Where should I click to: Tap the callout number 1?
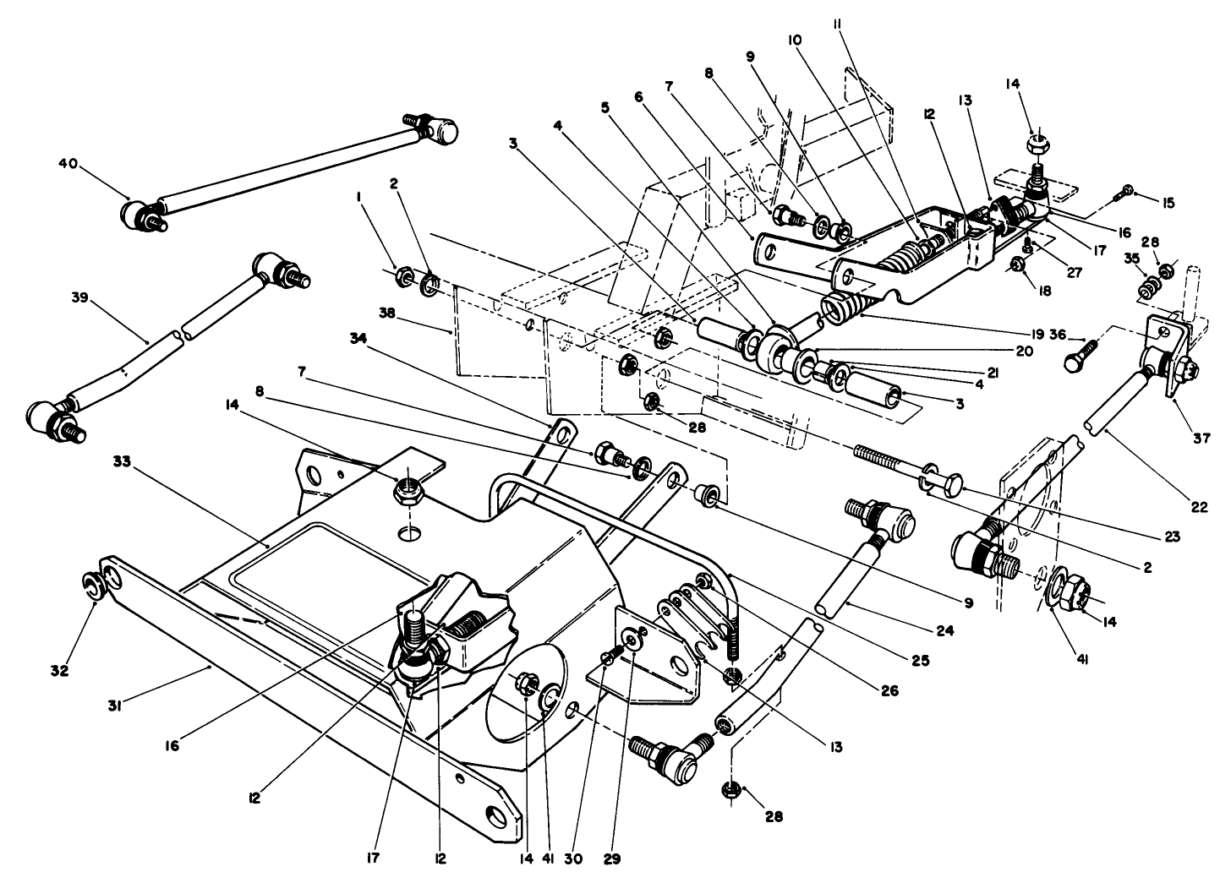(x=360, y=196)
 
